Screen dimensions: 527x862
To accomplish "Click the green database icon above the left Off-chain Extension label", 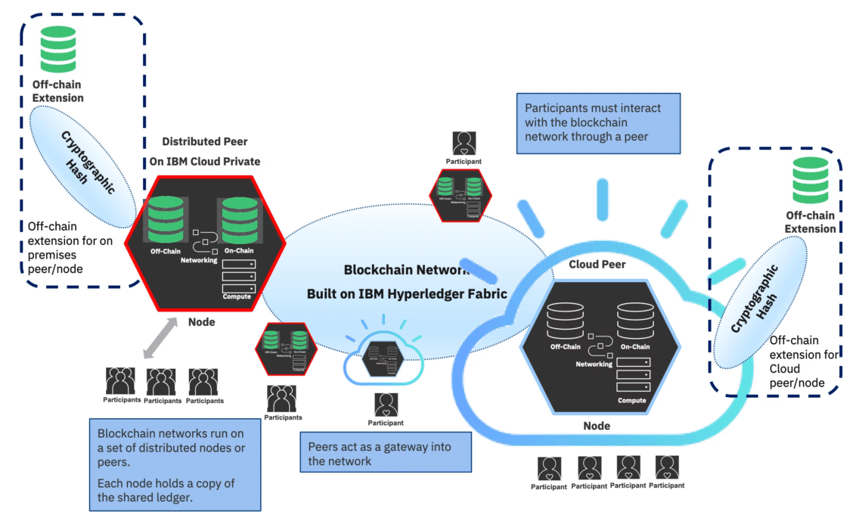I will (57, 49).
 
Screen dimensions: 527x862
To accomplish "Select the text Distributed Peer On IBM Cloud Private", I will (204, 151).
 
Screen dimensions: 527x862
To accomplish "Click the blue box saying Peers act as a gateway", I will (385, 453).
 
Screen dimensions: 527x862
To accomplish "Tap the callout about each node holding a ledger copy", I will (175, 464).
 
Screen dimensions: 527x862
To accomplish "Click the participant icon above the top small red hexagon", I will (464, 144).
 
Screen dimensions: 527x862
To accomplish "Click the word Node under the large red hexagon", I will (201, 322).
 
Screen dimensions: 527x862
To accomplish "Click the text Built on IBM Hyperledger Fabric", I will (408, 294).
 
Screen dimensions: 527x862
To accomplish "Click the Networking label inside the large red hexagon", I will (199, 260).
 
